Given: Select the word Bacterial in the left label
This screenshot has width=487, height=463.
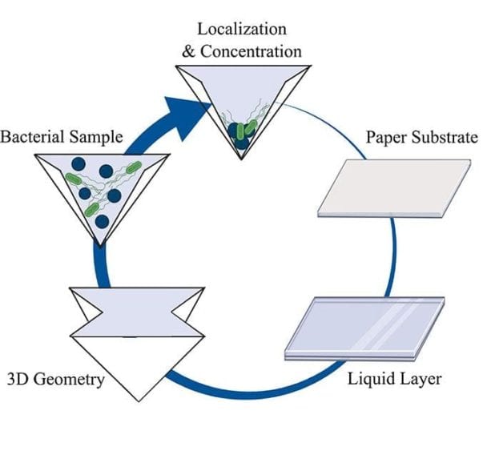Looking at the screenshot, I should pyautogui.click(x=33, y=136).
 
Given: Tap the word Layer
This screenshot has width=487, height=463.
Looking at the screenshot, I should pyautogui.click(x=421, y=378).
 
